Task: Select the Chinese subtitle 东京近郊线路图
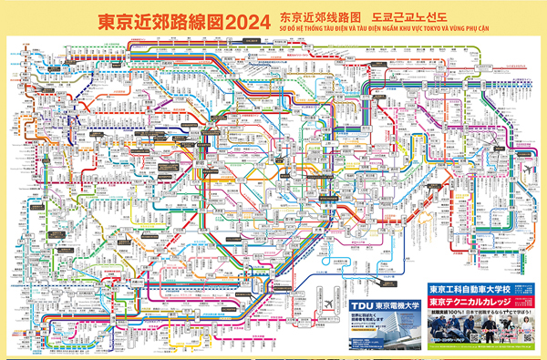pyautogui.click(x=315, y=16)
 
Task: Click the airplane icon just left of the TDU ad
pyautogui.click(x=328, y=303)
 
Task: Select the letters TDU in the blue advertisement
pyautogui.click(x=361, y=306)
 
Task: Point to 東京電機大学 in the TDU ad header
pyautogui.click(x=397, y=306)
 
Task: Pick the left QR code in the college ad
pyautogui.click(x=474, y=336)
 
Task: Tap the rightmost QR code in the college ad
pyautogui.click(x=528, y=336)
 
